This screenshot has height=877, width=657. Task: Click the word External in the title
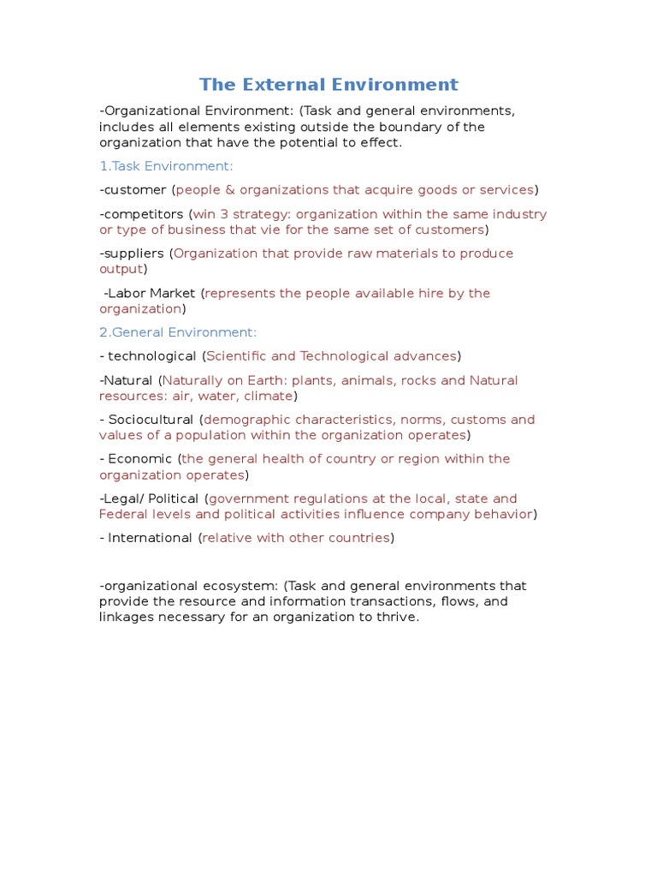point(281,84)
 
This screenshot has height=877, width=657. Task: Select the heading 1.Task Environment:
point(166,166)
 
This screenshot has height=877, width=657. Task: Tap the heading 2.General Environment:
point(178,332)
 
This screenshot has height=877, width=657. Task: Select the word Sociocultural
point(151,420)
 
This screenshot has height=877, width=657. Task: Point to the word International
point(150,538)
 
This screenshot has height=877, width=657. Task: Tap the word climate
point(268,396)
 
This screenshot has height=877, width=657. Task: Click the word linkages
point(127,617)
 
